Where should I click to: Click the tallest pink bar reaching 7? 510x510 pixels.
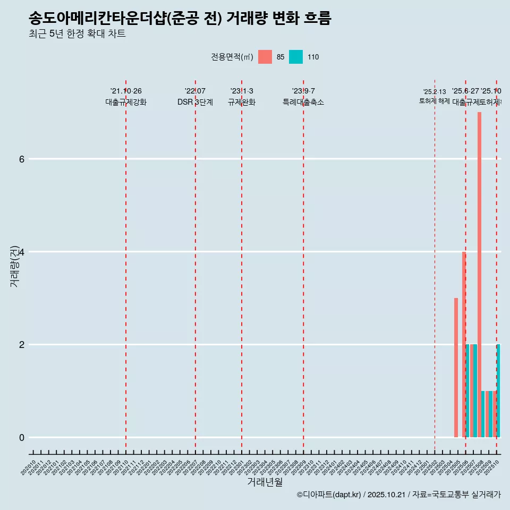479,275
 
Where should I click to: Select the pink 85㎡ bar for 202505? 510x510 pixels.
456,368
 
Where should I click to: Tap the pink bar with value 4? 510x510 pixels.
464,344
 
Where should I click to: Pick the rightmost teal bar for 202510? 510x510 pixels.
498,390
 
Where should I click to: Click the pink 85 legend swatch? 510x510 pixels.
265,57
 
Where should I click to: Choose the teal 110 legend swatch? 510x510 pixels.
296,57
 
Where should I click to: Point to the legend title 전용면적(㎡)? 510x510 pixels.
232,57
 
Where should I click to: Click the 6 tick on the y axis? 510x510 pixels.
21,159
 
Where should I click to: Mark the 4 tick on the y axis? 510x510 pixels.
21,252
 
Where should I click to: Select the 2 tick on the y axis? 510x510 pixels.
21,345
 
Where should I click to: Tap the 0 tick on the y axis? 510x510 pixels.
21,437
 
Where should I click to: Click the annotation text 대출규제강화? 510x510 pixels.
126,102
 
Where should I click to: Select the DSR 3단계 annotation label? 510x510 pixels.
195,102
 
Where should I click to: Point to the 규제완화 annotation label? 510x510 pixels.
242,102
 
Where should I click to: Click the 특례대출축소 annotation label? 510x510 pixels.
303,102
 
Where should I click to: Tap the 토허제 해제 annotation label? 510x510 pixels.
435,101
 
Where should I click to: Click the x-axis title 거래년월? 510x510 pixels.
265,482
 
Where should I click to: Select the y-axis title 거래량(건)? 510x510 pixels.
14,266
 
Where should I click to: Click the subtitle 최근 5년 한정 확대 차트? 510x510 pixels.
77,34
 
